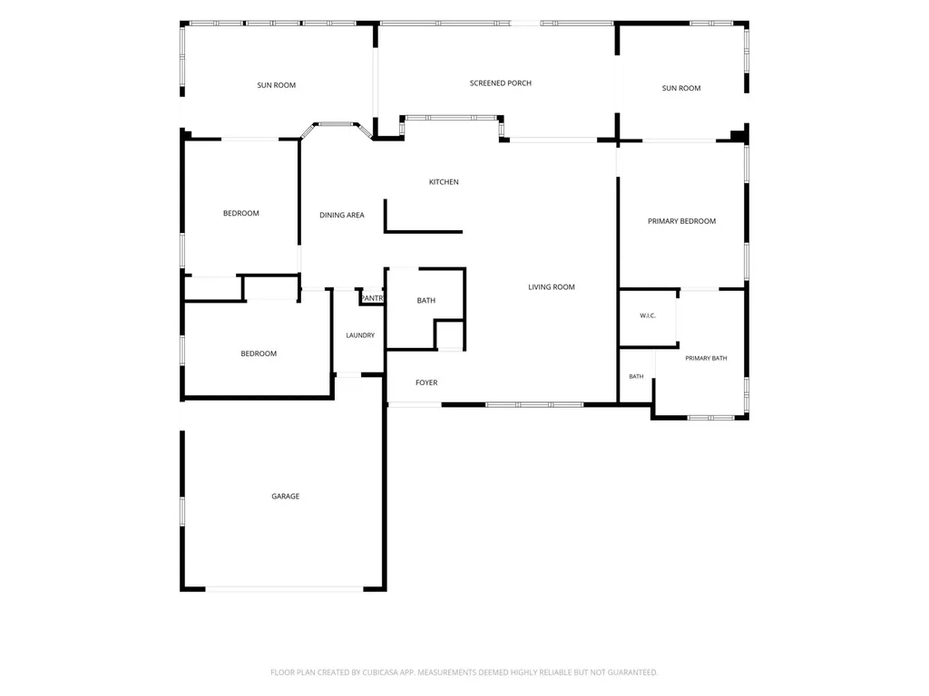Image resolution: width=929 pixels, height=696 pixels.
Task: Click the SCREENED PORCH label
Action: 501,83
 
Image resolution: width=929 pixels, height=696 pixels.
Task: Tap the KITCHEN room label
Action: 444,182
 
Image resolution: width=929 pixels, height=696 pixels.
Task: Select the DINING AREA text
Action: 342,216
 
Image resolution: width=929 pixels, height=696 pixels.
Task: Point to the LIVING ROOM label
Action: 552,287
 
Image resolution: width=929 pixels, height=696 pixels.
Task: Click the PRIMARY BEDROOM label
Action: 682,221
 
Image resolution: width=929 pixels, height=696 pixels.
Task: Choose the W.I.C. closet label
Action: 648,316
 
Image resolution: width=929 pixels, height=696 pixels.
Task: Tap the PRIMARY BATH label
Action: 706,359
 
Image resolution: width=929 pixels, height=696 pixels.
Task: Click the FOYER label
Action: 426,383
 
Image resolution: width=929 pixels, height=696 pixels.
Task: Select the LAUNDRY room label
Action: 360,335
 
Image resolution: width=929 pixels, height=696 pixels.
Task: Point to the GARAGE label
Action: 286,497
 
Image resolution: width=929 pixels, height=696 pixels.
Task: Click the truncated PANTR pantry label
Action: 372,298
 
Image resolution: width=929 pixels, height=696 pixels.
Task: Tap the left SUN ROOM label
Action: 276,85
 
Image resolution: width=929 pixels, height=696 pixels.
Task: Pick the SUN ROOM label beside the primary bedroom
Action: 681,88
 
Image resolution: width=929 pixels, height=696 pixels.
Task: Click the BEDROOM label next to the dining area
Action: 241,214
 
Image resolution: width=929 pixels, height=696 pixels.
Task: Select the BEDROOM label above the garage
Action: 259,354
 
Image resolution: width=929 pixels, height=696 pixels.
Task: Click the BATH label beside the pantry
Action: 426,301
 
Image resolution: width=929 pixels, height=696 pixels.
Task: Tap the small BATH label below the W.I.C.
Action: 636,376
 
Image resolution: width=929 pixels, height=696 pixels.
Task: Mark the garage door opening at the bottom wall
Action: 284,589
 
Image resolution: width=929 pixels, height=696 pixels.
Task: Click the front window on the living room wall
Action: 534,405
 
